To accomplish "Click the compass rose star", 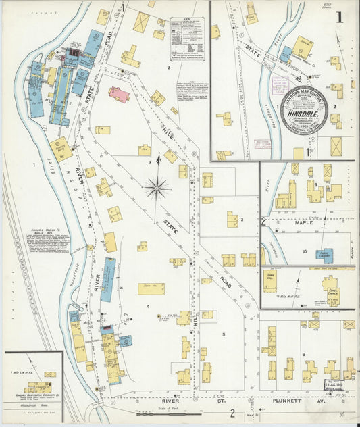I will click(156, 187).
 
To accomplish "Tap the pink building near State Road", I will click(119, 95).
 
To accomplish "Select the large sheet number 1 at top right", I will click(346, 14).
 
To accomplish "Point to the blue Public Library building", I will click(324, 256).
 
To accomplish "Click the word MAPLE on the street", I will click(303, 222).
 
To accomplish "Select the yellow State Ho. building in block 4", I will click(151, 288).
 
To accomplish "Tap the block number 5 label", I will click(223, 334).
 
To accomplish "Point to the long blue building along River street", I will click(107, 279).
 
